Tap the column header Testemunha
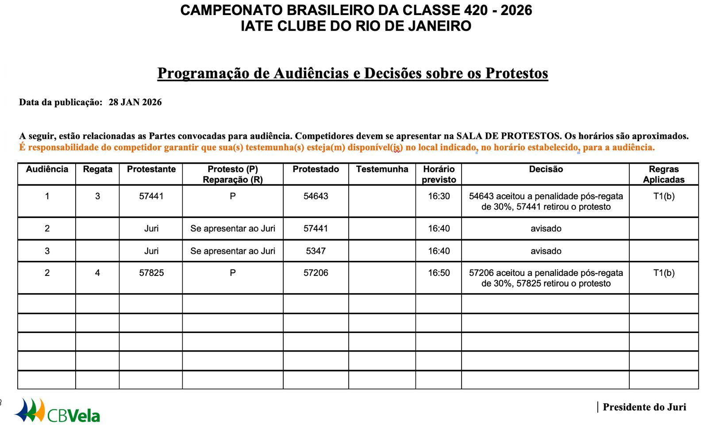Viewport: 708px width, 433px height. click(382, 169)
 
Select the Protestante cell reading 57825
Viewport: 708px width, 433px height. click(151, 273)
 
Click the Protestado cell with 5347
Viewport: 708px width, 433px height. click(316, 251)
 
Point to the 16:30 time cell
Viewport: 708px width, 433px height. click(439, 196)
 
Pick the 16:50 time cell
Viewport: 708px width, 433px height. click(439, 273)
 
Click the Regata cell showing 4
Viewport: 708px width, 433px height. click(97, 273)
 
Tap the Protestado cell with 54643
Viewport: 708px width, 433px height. click(316, 196)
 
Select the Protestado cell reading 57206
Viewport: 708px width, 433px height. click(316, 273)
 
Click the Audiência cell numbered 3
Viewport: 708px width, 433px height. click(47, 251)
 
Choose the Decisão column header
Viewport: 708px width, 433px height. click(546, 169)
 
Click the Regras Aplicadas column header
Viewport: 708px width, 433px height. click(663, 174)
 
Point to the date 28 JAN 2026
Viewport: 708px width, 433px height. click(135, 102)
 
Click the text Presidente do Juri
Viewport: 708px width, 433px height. click(644, 407)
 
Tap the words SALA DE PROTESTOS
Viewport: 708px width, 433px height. click(508, 136)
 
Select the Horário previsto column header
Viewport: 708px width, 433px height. click(439, 174)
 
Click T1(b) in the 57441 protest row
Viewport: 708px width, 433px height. click(664, 196)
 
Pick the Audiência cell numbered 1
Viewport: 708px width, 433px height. click(47, 196)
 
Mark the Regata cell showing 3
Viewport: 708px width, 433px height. click(97, 196)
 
